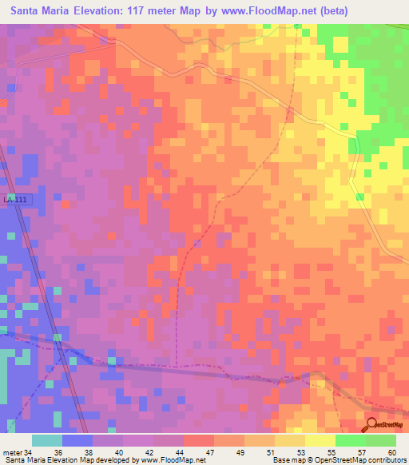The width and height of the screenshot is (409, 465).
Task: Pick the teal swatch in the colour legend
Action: pyautogui.click(x=47, y=440)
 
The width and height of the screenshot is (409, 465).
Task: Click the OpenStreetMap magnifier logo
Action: pyautogui.click(x=373, y=425)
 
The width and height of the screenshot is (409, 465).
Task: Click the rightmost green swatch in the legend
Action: pyautogui.click(x=381, y=440)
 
